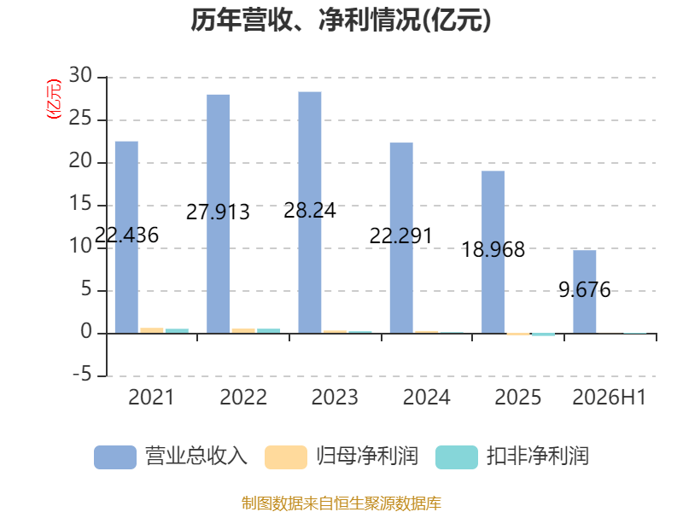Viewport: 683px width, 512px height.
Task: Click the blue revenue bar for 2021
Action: [x=126, y=237]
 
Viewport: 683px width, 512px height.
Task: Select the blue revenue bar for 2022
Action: [x=219, y=214]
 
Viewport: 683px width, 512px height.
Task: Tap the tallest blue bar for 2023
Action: [x=310, y=212]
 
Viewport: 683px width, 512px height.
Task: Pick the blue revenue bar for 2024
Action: [x=401, y=238]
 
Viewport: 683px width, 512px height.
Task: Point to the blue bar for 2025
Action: [x=493, y=252]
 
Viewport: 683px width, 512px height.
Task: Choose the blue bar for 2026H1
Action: [x=585, y=292]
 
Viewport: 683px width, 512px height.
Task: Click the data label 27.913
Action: [x=218, y=212]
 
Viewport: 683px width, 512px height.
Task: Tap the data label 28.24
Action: [x=310, y=211]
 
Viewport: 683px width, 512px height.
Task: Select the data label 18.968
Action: [x=493, y=250]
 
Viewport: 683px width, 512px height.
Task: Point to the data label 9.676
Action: [x=585, y=290]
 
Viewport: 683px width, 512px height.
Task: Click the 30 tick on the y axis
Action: [x=80, y=76]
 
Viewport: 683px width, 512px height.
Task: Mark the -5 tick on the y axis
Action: [x=82, y=375]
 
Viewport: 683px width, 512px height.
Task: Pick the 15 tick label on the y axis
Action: [x=80, y=204]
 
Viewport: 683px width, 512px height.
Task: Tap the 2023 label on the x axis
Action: [x=335, y=398]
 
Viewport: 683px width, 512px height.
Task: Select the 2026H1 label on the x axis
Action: [x=609, y=398]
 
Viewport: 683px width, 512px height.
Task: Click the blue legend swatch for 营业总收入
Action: [x=115, y=457]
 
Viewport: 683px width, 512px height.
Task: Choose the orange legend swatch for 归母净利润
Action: [x=286, y=457]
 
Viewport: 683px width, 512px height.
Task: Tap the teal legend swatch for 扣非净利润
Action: [x=457, y=457]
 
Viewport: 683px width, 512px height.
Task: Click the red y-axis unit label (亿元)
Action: [x=54, y=99]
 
